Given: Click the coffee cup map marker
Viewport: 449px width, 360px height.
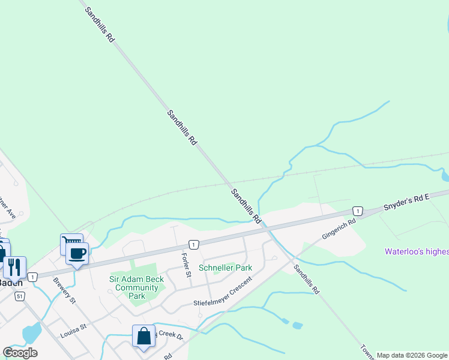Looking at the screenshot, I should point(77,253).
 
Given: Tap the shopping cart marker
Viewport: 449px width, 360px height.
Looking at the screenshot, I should point(71,244).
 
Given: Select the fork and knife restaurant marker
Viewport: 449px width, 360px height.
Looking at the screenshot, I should point(14,266).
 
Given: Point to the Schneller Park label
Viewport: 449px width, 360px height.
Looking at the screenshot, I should point(226,268).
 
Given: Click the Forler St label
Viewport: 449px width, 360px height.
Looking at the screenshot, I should point(186,265).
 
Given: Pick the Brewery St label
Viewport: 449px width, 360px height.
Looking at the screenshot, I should point(64,290).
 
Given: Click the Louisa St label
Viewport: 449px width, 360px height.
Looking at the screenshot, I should point(73,328).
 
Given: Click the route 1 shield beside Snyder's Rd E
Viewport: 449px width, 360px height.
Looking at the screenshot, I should point(358,211).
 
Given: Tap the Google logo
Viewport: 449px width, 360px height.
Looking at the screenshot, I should point(20,352).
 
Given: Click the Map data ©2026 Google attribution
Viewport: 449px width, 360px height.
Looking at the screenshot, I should point(412,355).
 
